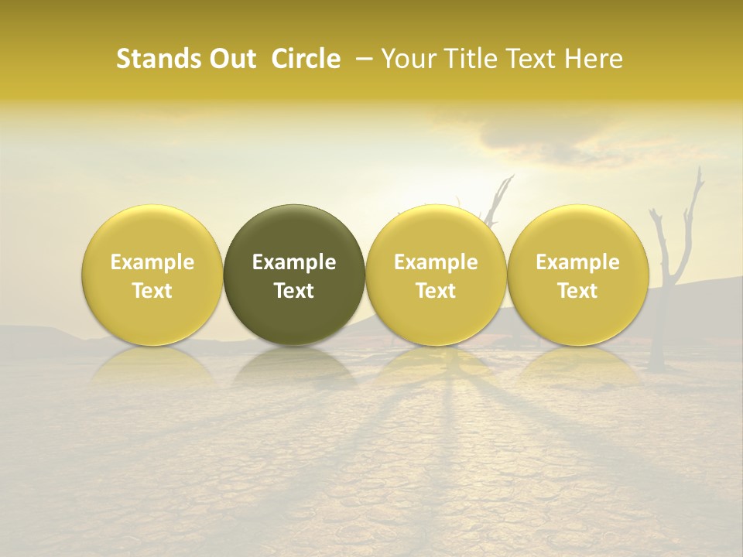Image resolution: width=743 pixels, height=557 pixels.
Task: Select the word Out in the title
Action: point(230,60)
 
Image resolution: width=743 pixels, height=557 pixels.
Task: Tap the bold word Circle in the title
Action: point(306,60)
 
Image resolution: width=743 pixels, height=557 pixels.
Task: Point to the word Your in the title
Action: point(408,60)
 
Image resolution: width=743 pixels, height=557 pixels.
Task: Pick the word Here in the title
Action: point(592,60)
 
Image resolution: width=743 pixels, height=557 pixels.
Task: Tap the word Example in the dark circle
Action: point(294,262)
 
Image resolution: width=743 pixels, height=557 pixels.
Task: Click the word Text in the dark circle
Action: point(294,291)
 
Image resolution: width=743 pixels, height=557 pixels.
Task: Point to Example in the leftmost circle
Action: point(152,262)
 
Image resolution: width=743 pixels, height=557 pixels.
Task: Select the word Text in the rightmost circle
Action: point(578,291)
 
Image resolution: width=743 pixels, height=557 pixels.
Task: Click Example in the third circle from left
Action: point(436,262)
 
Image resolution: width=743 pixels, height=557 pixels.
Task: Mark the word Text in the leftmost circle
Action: point(152,291)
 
